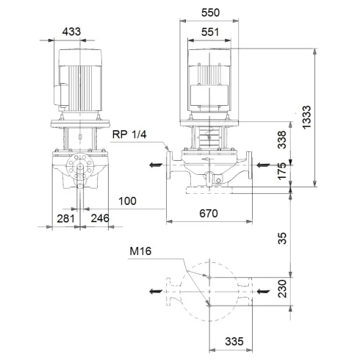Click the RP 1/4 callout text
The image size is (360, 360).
tap(130, 134)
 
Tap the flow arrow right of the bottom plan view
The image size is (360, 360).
tap(262, 292)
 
